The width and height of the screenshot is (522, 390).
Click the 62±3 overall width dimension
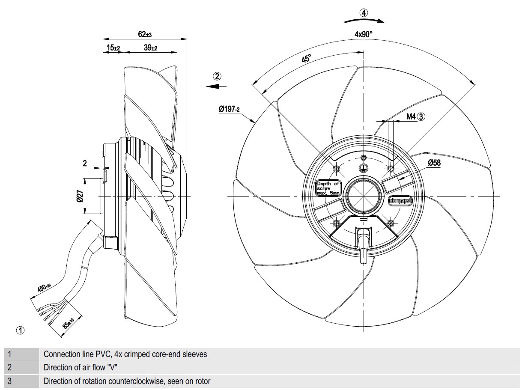coord(145,35)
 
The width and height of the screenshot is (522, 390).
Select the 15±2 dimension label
coord(113,48)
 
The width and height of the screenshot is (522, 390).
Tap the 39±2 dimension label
coord(150,48)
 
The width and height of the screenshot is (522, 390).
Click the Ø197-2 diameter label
coord(229,110)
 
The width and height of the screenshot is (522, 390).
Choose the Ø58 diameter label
coord(433,163)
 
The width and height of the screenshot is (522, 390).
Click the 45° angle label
coord(306,59)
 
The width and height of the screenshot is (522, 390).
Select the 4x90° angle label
coord(364,34)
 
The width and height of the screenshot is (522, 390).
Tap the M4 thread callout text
coord(411,116)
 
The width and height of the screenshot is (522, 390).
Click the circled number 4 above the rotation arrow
coord(364,13)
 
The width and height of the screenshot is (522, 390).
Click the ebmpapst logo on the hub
coord(400,200)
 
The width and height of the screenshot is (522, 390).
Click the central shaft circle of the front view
coord(364,196)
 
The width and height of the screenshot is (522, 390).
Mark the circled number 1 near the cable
coord(21,330)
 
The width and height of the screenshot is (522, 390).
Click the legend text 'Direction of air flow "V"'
coord(81,367)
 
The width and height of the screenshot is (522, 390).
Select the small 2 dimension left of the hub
coord(85,163)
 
